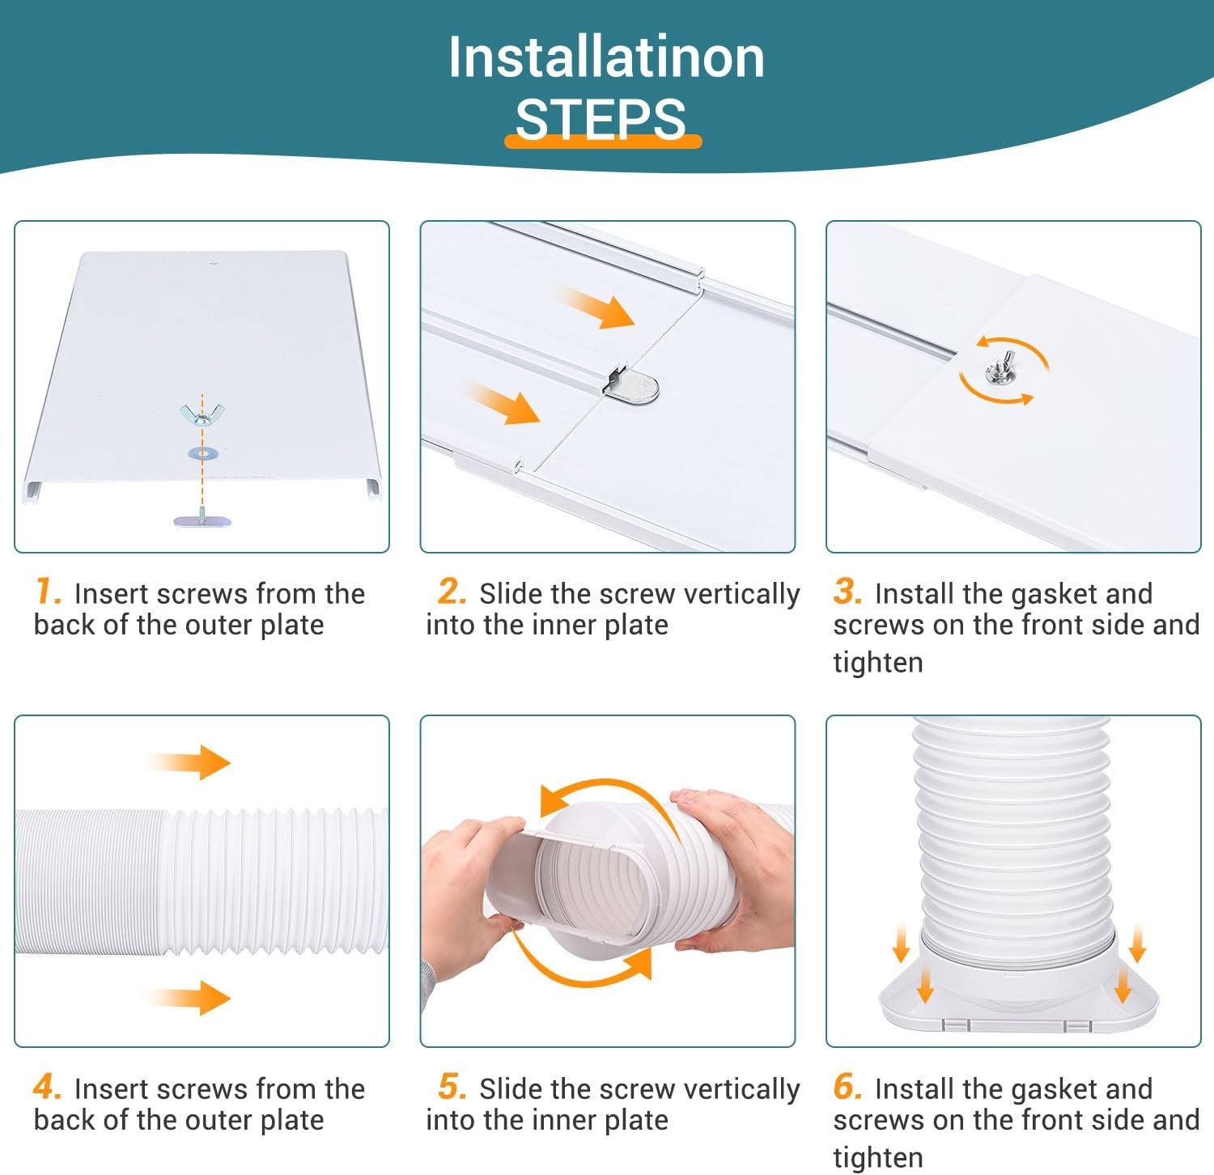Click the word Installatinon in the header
click(x=606, y=57)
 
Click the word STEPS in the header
click(x=601, y=120)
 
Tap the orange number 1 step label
click(x=49, y=592)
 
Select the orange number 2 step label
click(x=452, y=592)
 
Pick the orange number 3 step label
click(x=847, y=592)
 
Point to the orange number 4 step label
click(x=48, y=1087)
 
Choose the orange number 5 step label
click(x=452, y=1087)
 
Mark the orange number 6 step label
click(x=847, y=1087)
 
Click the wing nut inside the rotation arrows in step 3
click(x=999, y=372)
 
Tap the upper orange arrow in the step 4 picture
click(x=188, y=761)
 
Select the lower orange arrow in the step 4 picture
click(x=188, y=997)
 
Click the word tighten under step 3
click(x=878, y=662)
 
